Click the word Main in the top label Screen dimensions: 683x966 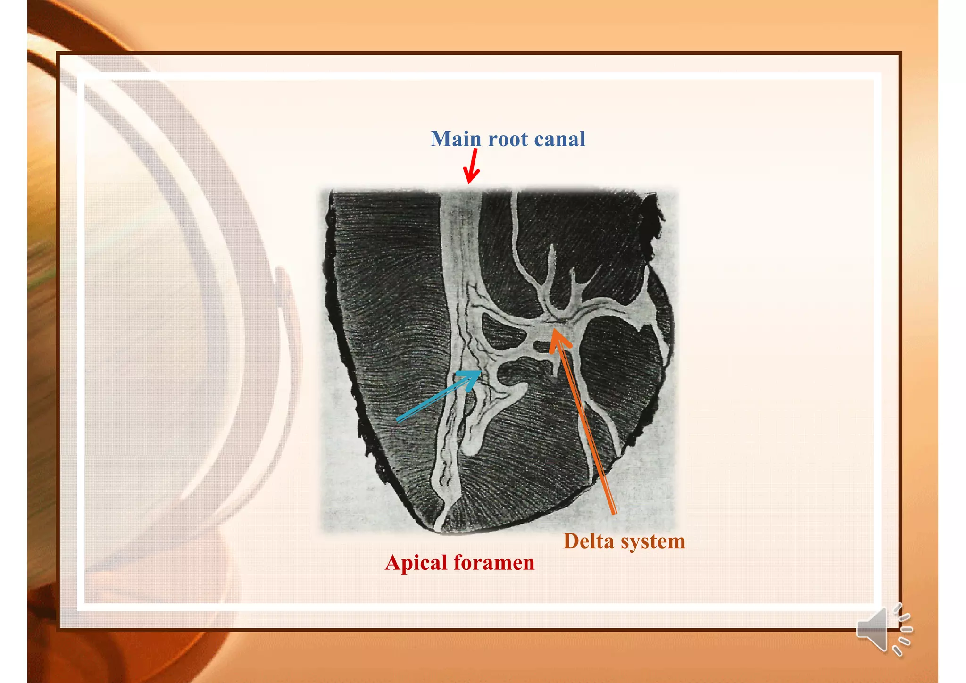click(x=456, y=139)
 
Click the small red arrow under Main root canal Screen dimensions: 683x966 click(x=471, y=167)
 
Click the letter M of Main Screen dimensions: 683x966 click(x=440, y=139)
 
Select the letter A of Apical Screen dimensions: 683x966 click(x=394, y=563)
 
